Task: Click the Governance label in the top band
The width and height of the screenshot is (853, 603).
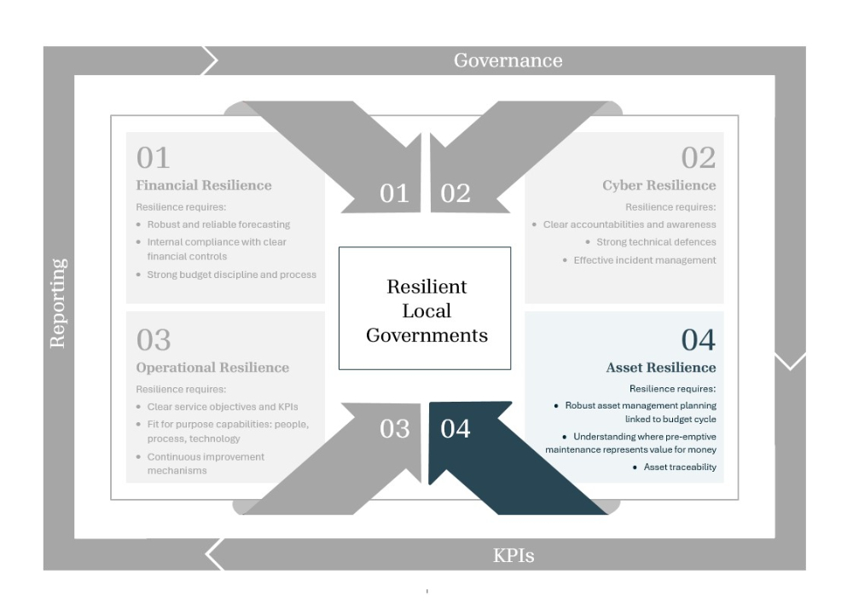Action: click(x=508, y=61)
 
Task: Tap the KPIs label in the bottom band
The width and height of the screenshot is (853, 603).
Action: click(x=514, y=556)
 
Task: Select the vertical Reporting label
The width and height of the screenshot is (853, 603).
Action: click(x=58, y=303)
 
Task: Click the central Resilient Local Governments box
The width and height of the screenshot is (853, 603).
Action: click(x=425, y=308)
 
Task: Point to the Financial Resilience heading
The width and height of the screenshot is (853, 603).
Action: click(x=204, y=185)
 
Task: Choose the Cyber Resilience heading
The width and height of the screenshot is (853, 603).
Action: click(x=659, y=185)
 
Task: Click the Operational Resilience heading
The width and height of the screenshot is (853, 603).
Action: click(x=212, y=368)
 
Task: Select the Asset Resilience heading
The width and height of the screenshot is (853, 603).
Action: click(x=661, y=368)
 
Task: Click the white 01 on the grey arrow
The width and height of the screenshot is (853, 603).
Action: click(x=394, y=194)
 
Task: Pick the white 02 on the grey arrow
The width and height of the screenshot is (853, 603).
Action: click(x=456, y=194)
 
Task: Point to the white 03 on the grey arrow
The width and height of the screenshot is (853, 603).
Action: click(x=394, y=429)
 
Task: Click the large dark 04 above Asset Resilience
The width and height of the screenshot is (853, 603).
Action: click(x=699, y=339)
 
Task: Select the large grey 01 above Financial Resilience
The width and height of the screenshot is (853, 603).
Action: click(x=154, y=158)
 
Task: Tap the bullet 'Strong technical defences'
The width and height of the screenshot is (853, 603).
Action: click(x=656, y=242)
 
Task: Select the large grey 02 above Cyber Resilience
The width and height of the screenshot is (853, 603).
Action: click(x=699, y=158)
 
